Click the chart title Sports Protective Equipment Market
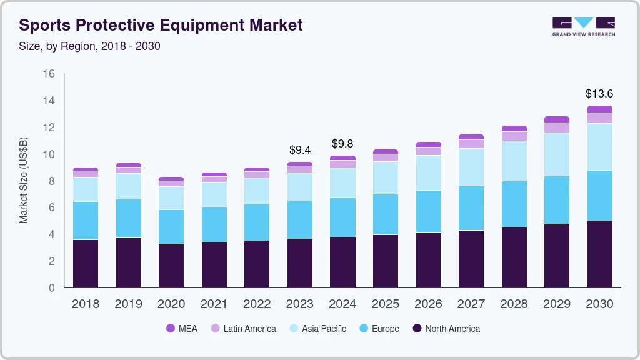[x=161, y=25]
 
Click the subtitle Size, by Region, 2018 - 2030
[x=90, y=46]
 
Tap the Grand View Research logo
[x=583, y=26]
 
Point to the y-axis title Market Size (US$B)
[x=24, y=180]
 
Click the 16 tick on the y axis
[x=49, y=74]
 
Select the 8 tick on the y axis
[x=52, y=181]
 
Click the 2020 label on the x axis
[x=171, y=304]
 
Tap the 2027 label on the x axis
[x=471, y=304]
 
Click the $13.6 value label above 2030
[x=599, y=94]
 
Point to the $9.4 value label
[x=300, y=150]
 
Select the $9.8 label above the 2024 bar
[x=342, y=144]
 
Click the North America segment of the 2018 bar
[x=86, y=263]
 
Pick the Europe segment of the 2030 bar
[x=599, y=196]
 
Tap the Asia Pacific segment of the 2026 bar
[x=428, y=172]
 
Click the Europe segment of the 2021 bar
[x=214, y=224]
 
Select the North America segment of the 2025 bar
[x=385, y=261]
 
